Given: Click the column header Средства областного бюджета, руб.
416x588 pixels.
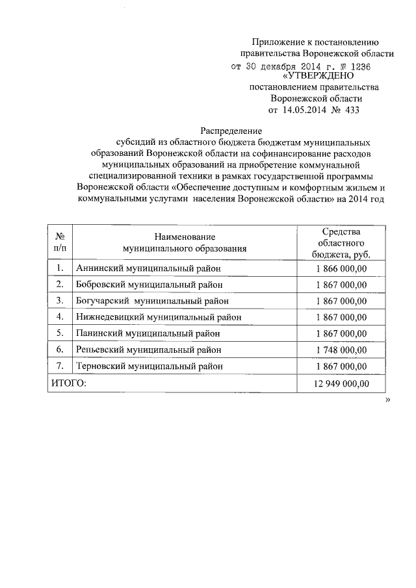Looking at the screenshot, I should pos(341,243).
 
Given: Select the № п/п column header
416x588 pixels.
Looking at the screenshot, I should pos(59,243).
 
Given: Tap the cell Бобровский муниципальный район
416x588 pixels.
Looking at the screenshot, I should pos(149,284).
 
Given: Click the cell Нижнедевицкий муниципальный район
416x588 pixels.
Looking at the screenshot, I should pos(159,317).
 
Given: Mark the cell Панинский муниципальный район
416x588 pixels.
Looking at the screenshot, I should pos(148,333).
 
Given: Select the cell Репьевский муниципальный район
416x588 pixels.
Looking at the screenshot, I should pos(149,350).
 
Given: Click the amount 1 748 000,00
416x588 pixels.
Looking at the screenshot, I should pos(341,350).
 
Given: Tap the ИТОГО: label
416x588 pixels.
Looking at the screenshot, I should pos(68,384).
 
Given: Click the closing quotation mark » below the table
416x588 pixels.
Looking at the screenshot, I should pos(387,401).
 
